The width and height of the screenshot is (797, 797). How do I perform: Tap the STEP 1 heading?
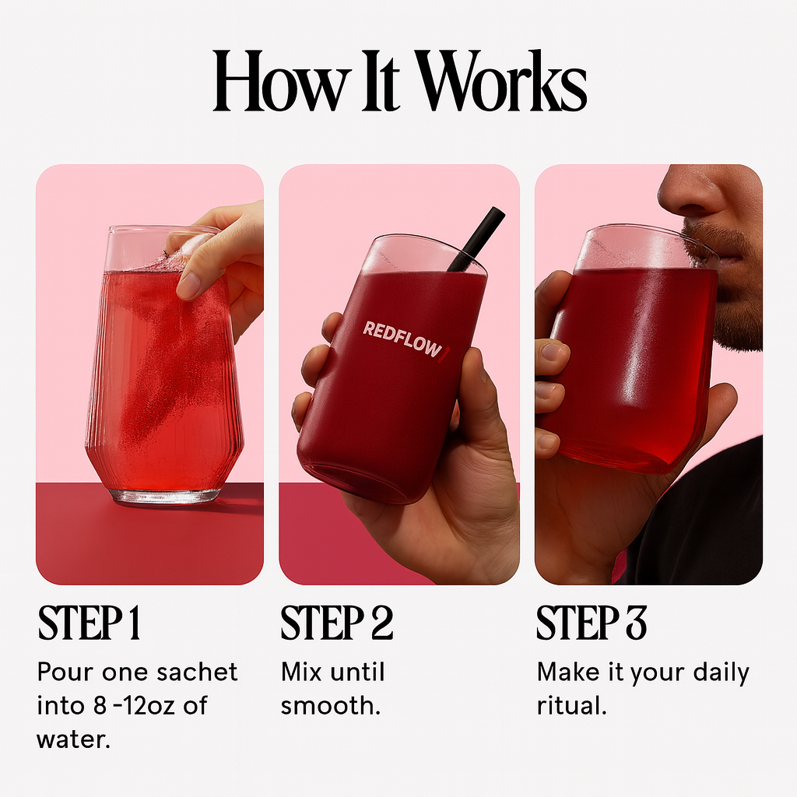90,623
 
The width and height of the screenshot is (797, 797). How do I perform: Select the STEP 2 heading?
336,623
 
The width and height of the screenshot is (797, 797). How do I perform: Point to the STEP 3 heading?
592,623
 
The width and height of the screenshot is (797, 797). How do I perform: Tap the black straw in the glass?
477,238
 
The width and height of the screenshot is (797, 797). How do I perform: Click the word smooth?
330,706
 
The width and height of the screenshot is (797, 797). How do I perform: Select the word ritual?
571,706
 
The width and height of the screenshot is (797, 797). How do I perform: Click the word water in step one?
73,739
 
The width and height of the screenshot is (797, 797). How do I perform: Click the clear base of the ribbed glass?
165,493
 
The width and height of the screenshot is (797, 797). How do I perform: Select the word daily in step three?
718,672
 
